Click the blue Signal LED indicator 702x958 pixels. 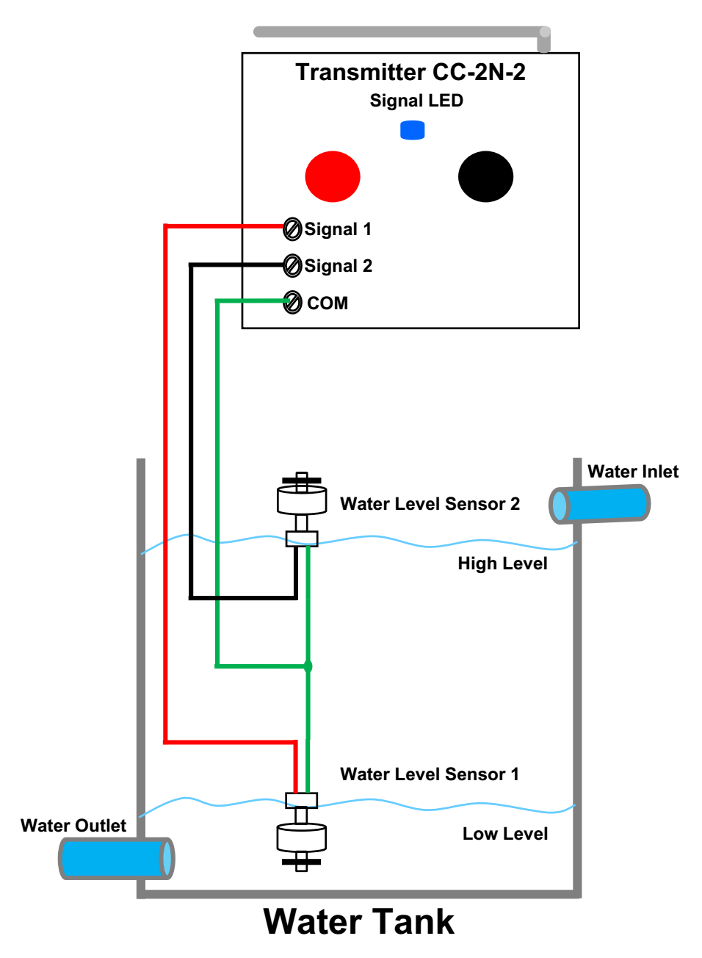pos(412,131)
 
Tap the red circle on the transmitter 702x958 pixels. pos(333,176)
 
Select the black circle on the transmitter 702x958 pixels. pos(485,176)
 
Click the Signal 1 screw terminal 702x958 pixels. pos(292,229)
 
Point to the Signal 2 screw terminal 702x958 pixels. pos(292,266)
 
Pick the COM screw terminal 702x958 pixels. pos(292,303)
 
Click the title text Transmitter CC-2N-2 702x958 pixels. pos(410,72)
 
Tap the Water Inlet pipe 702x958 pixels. pos(599,504)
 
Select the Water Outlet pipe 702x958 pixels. pos(116,858)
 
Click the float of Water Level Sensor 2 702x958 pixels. pos(302,500)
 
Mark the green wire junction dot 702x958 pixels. pos(308,666)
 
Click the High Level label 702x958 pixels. pos(502,563)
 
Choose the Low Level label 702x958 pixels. pos(505,834)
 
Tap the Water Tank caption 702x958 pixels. pos(358,922)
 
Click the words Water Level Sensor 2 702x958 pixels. pos(430,504)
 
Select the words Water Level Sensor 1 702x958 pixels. pos(430,774)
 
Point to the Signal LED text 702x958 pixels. pos(416,101)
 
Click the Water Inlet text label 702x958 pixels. pos(633,472)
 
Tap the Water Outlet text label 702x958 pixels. pos(73,826)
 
